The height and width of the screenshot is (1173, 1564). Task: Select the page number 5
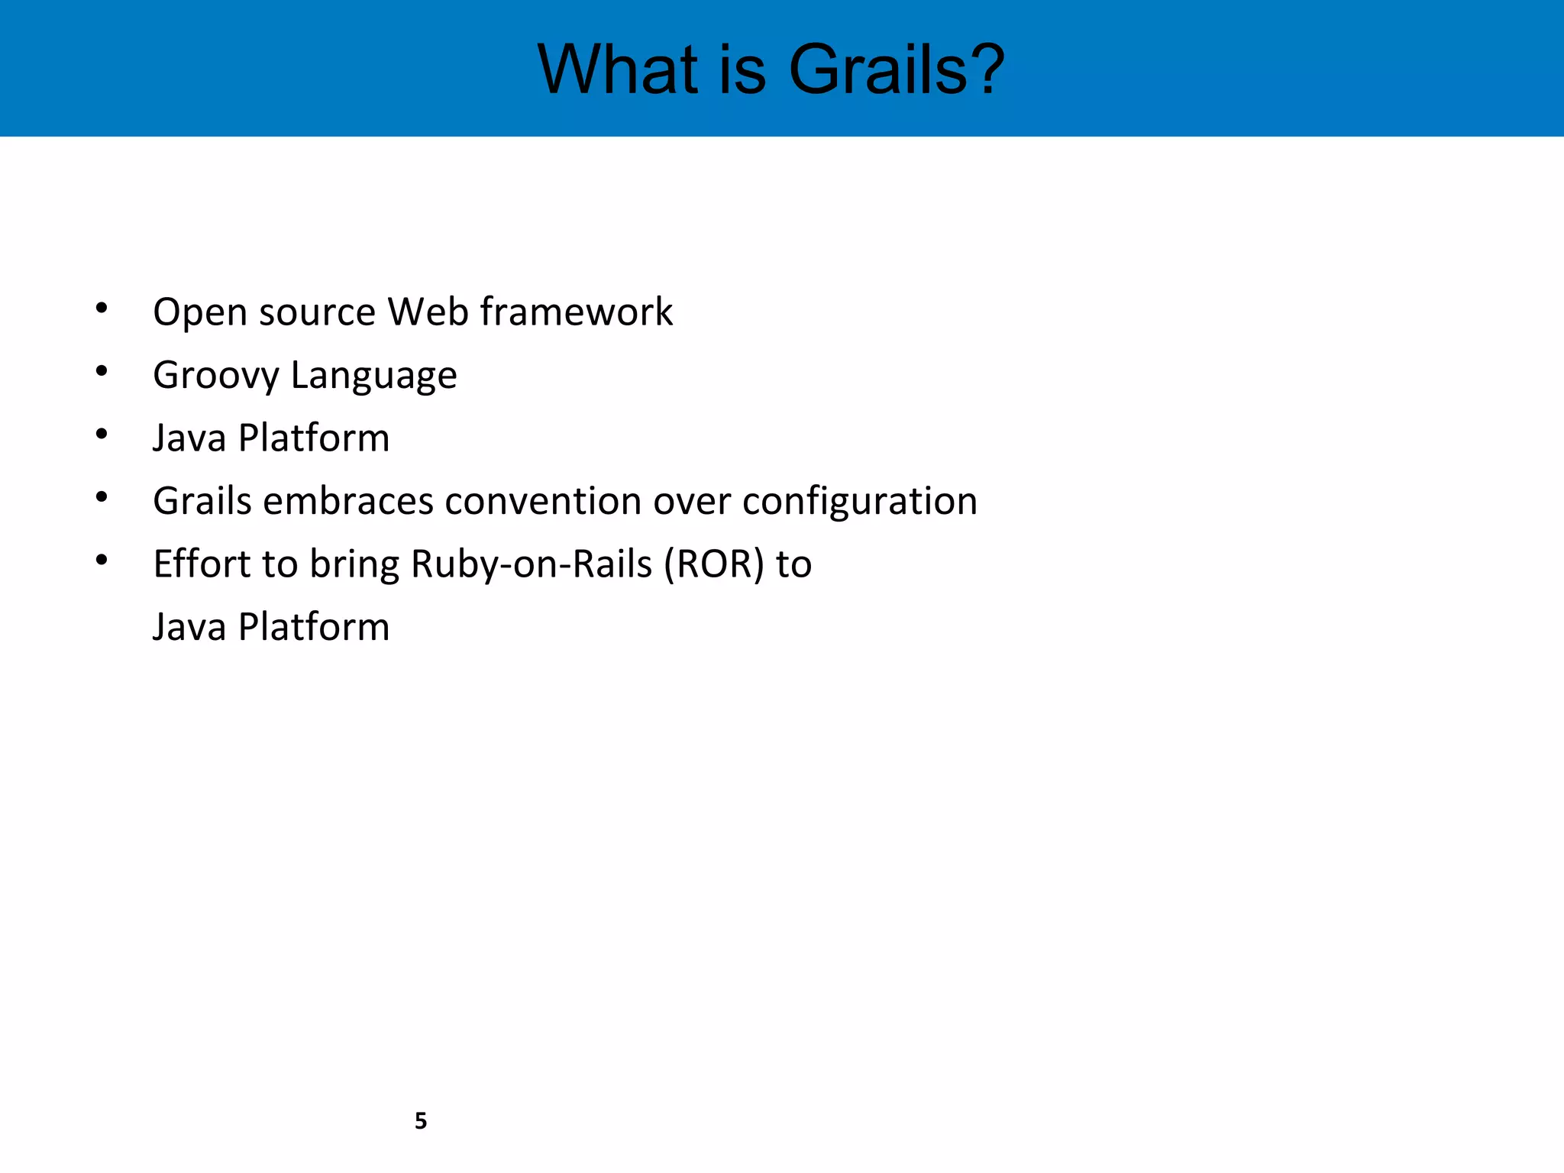tap(421, 1120)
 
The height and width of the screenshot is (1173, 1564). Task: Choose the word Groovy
tap(216, 376)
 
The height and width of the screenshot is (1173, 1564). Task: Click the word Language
tap(373, 376)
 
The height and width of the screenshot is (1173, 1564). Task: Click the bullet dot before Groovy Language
tap(102, 372)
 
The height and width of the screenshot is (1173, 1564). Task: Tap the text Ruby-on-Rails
tap(532, 564)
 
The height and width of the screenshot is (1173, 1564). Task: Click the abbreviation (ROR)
tap(713, 564)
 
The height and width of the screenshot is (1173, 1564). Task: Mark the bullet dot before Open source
tap(102, 309)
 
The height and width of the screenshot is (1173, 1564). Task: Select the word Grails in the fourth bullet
tap(202, 502)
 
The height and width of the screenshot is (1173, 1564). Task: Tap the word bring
tap(354, 566)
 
